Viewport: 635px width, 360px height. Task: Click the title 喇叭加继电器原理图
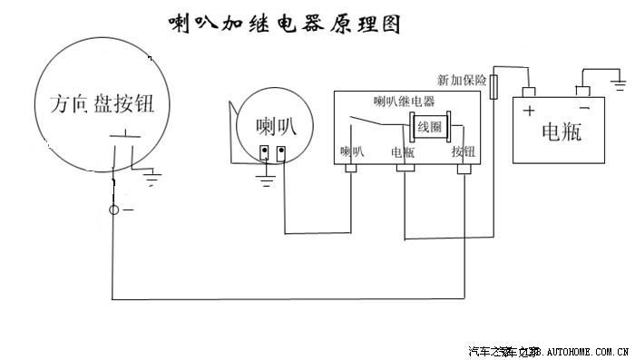(x=284, y=24)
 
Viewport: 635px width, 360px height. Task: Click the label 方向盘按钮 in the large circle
(x=101, y=102)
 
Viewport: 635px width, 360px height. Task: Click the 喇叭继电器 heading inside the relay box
(x=405, y=101)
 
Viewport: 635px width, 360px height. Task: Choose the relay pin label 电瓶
(x=403, y=151)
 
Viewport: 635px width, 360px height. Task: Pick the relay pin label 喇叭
(x=352, y=151)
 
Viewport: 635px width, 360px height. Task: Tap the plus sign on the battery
(x=529, y=112)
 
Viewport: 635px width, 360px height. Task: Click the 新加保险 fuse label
(x=462, y=80)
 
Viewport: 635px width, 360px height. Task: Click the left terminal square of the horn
(x=264, y=151)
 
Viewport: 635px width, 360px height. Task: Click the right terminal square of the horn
(x=281, y=151)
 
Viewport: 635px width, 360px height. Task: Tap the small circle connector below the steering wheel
(x=114, y=210)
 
